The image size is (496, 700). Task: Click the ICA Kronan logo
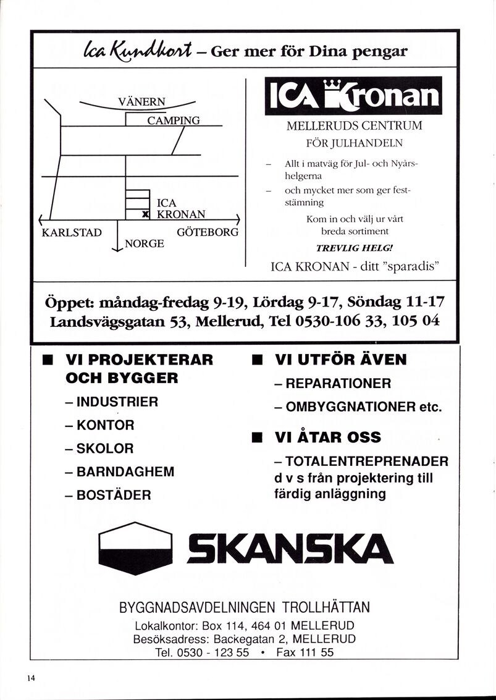pos(353,96)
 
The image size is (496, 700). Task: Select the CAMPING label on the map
pos(173,120)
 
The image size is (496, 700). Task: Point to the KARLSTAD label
pos(71,233)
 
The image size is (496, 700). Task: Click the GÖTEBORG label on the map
pos(208,233)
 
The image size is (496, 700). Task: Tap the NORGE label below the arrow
pos(145,243)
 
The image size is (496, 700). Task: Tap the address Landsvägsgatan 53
pos(111,322)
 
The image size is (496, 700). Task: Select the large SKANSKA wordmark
pos(290,548)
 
